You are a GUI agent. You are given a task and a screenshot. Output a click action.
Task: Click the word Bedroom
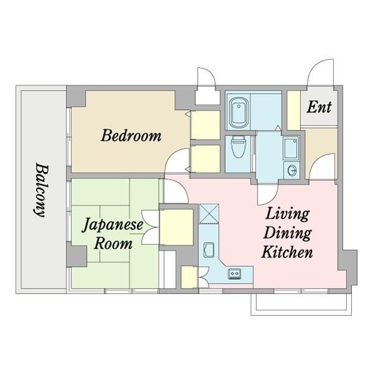(131, 135)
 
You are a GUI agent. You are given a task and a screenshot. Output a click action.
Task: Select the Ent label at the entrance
(320, 107)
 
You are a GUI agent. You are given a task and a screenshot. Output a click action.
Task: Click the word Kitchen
(287, 252)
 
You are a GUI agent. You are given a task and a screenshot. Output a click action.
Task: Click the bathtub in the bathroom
(237, 113)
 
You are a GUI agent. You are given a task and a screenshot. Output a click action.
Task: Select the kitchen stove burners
(236, 272)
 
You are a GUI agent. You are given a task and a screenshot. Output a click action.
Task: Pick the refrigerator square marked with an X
(210, 213)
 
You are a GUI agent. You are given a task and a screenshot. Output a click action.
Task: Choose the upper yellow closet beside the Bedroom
(205, 126)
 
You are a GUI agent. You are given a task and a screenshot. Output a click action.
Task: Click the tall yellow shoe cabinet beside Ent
(293, 110)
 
